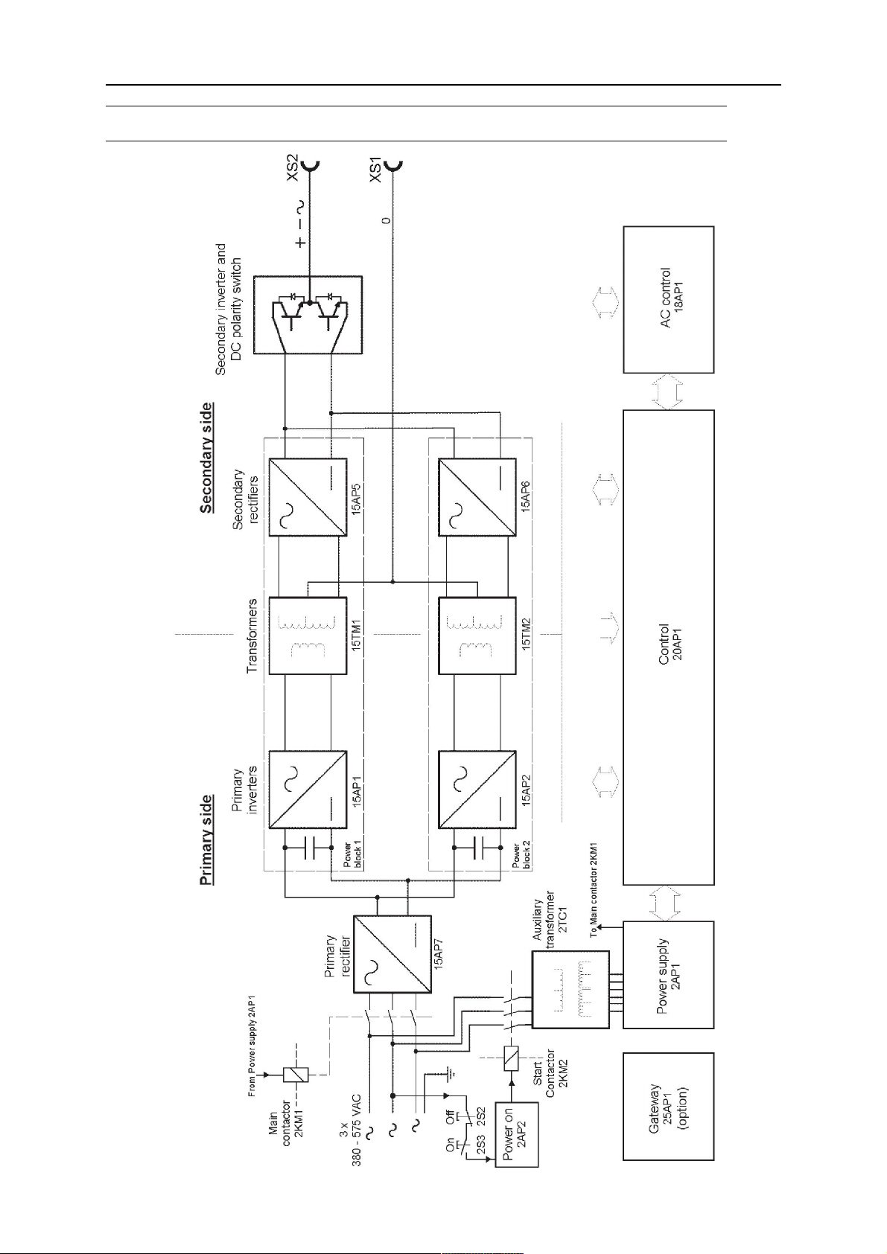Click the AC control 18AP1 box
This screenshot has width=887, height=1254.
click(668, 299)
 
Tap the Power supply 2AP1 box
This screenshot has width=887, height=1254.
click(668, 974)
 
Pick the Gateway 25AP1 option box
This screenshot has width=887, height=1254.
click(668, 1106)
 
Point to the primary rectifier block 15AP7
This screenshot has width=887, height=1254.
click(392, 953)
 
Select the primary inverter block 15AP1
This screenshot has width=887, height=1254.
click(308, 790)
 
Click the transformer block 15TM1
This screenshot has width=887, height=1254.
click(308, 636)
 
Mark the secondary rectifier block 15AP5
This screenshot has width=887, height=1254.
click(308, 496)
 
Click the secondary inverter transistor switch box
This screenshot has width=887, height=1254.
click(308, 314)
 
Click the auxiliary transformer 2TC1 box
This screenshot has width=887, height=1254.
click(570, 989)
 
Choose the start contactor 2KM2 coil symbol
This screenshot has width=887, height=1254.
click(512, 1058)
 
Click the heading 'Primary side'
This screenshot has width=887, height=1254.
click(206, 841)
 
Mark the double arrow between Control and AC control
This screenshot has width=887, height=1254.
click(668, 391)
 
